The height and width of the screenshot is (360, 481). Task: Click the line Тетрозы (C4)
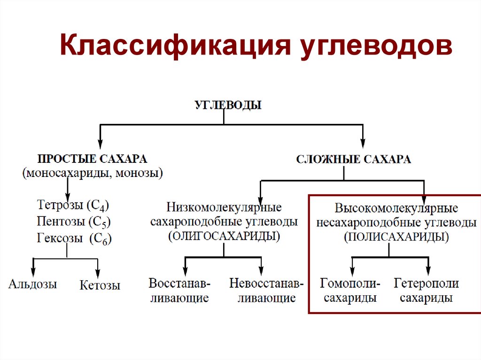pos(73,205)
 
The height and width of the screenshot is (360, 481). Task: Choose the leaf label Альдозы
pos(32,284)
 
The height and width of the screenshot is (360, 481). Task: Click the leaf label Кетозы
pos(100,285)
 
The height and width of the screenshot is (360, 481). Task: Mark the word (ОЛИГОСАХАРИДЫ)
pos(224,236)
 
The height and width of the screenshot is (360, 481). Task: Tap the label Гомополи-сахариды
pos(350,291)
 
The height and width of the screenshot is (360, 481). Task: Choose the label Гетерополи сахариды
pos(427,291)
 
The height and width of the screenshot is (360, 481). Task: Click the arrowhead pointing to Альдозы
pos(33,272)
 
